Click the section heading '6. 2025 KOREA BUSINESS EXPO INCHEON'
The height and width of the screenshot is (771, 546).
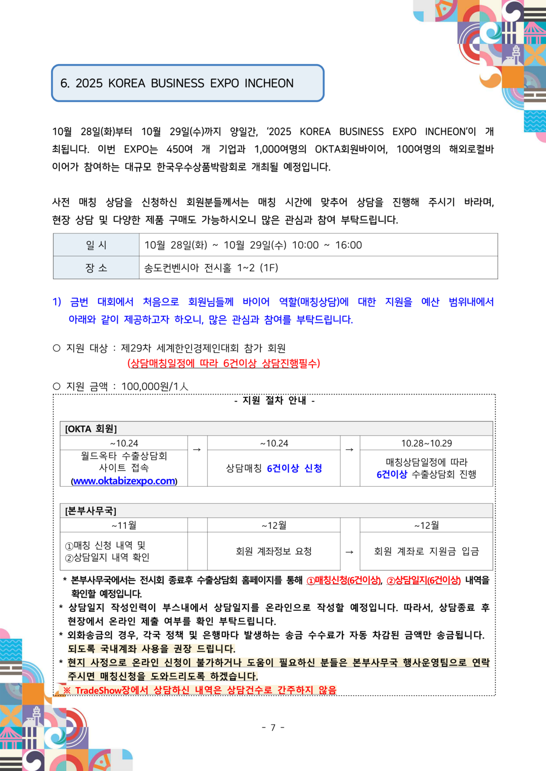point(177,83)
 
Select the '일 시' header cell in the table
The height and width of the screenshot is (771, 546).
point(96,245)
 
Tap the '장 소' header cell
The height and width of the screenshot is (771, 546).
point(96,268)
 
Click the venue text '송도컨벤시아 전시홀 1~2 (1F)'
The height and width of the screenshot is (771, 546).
point(211,268)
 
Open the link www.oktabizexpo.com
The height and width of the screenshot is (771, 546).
point(124,481)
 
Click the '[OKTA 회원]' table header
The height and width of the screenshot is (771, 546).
point(91,429)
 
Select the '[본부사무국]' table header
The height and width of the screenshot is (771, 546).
point(91,511)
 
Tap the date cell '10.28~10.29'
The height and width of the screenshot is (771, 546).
point(426,443)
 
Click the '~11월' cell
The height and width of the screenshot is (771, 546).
point(124,525)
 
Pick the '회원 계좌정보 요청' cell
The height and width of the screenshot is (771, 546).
point(274,551)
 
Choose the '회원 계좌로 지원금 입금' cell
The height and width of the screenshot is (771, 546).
point(426,551)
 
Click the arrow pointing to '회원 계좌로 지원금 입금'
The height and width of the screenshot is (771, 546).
point(349,552)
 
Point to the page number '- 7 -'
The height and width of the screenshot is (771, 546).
point(273,728)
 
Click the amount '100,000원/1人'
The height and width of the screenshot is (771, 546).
point(155,387)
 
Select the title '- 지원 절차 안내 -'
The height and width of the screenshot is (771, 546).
point(275,401)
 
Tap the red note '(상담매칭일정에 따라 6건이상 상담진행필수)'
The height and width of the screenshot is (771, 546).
point(223,363)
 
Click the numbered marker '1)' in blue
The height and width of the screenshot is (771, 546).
point(57,302)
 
